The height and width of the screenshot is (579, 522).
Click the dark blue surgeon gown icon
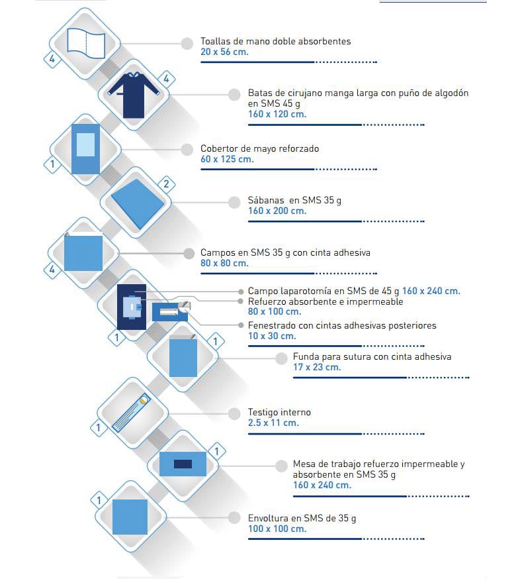134,95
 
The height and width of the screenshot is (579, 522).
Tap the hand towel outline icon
86,43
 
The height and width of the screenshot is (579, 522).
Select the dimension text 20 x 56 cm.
224,52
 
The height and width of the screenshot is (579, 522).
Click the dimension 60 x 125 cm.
227,160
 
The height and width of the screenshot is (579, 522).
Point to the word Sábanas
266,201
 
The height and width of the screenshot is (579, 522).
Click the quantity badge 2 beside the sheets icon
166,184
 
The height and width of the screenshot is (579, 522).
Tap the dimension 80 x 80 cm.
224,263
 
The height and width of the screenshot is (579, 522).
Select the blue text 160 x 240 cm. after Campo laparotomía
431,291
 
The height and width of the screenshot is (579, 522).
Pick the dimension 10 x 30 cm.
272,337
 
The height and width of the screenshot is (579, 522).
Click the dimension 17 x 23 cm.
317,368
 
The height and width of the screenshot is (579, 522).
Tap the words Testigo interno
279,413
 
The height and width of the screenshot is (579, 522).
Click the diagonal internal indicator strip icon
131,413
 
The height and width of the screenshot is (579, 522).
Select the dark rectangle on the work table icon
183,464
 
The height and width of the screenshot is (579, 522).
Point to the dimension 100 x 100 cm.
277,529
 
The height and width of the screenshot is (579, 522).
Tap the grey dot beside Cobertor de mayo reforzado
187,150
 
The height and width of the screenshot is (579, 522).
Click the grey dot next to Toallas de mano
187,43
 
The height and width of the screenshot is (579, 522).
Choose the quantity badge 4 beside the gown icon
166,79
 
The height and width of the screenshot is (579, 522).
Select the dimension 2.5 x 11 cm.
273,423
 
